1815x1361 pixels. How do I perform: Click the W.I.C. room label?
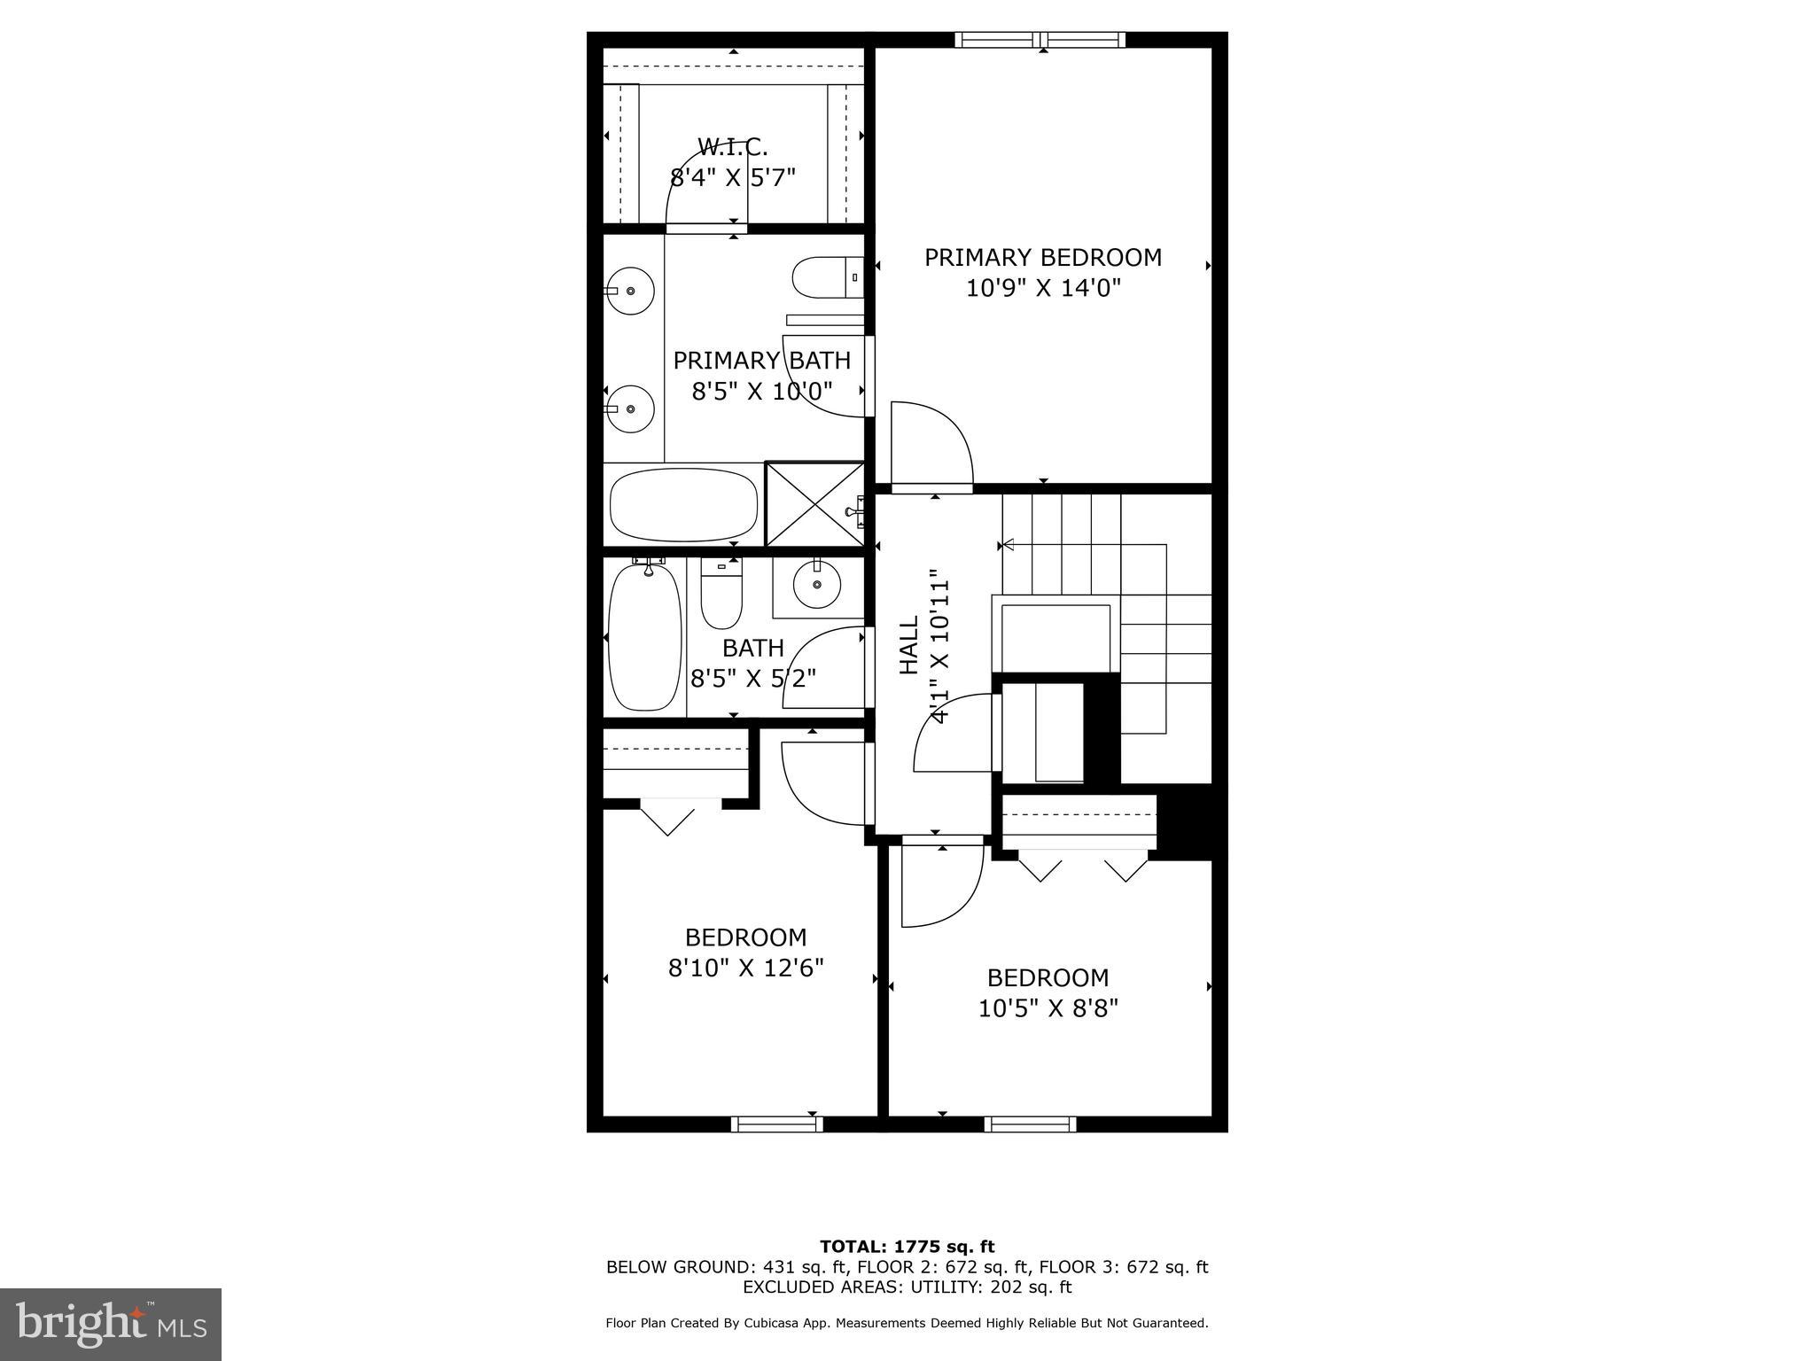click(x=732, y=146)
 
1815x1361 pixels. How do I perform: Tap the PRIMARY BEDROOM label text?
click(x=1043, y=258)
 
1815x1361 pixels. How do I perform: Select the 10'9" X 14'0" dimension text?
click(x=1043, y=288)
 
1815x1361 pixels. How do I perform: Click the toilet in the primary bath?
click(x=825, y=277)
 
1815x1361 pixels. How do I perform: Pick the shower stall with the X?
click(x=814, y=503)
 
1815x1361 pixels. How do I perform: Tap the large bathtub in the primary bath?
click(x=683, y=504)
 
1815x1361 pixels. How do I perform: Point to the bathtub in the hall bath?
click(x=645, y=636)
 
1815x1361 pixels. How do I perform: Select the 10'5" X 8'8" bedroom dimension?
click(x=1048, y=1008)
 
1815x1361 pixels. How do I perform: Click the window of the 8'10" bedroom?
click(x=777, y=1124)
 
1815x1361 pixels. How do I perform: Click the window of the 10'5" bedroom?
click(x=1031, y=1124)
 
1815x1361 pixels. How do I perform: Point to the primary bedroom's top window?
click(x=1040, y=40)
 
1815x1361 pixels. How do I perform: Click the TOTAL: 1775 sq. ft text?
click(x=907, y=1247)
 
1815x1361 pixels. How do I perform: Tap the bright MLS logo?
click(x=111, y=1325)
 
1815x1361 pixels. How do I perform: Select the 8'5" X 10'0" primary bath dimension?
click(x=762, y=392)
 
